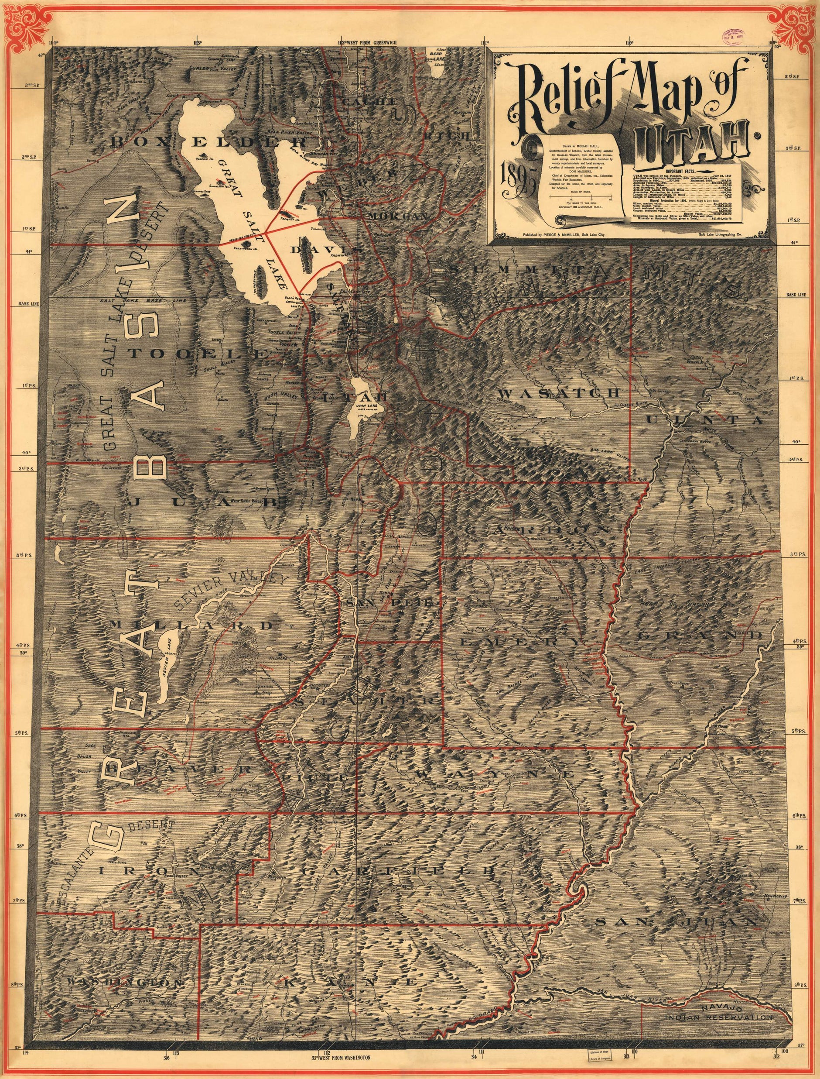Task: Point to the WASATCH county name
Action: pyautogui.click(x=558, y=393)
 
